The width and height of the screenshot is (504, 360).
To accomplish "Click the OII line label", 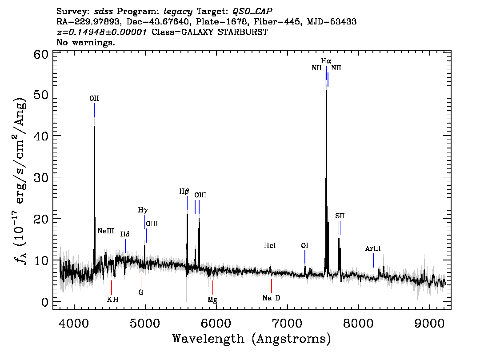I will (94, 99).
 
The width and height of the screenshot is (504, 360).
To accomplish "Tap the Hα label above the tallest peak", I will (326, 60).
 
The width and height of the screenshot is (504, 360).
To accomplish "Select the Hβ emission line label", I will (184, 192).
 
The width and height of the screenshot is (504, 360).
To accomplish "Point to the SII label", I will (340, 216).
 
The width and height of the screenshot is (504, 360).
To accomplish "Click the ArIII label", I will (373, 249).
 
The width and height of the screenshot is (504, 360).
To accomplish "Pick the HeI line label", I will (270, 245).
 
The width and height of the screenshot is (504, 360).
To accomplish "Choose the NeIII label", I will (106, 232).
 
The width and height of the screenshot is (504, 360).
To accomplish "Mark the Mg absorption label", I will (212, 300).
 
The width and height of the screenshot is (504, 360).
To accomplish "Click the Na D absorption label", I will (271, 298).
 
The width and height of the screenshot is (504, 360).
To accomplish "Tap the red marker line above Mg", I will (212, 287).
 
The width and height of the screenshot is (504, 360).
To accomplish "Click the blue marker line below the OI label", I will (305, 257).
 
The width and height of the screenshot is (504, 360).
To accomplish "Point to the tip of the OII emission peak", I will (94, 126).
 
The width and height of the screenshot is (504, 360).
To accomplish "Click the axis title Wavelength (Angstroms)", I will (252, 339).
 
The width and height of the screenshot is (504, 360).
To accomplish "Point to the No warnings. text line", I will (86, 43).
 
